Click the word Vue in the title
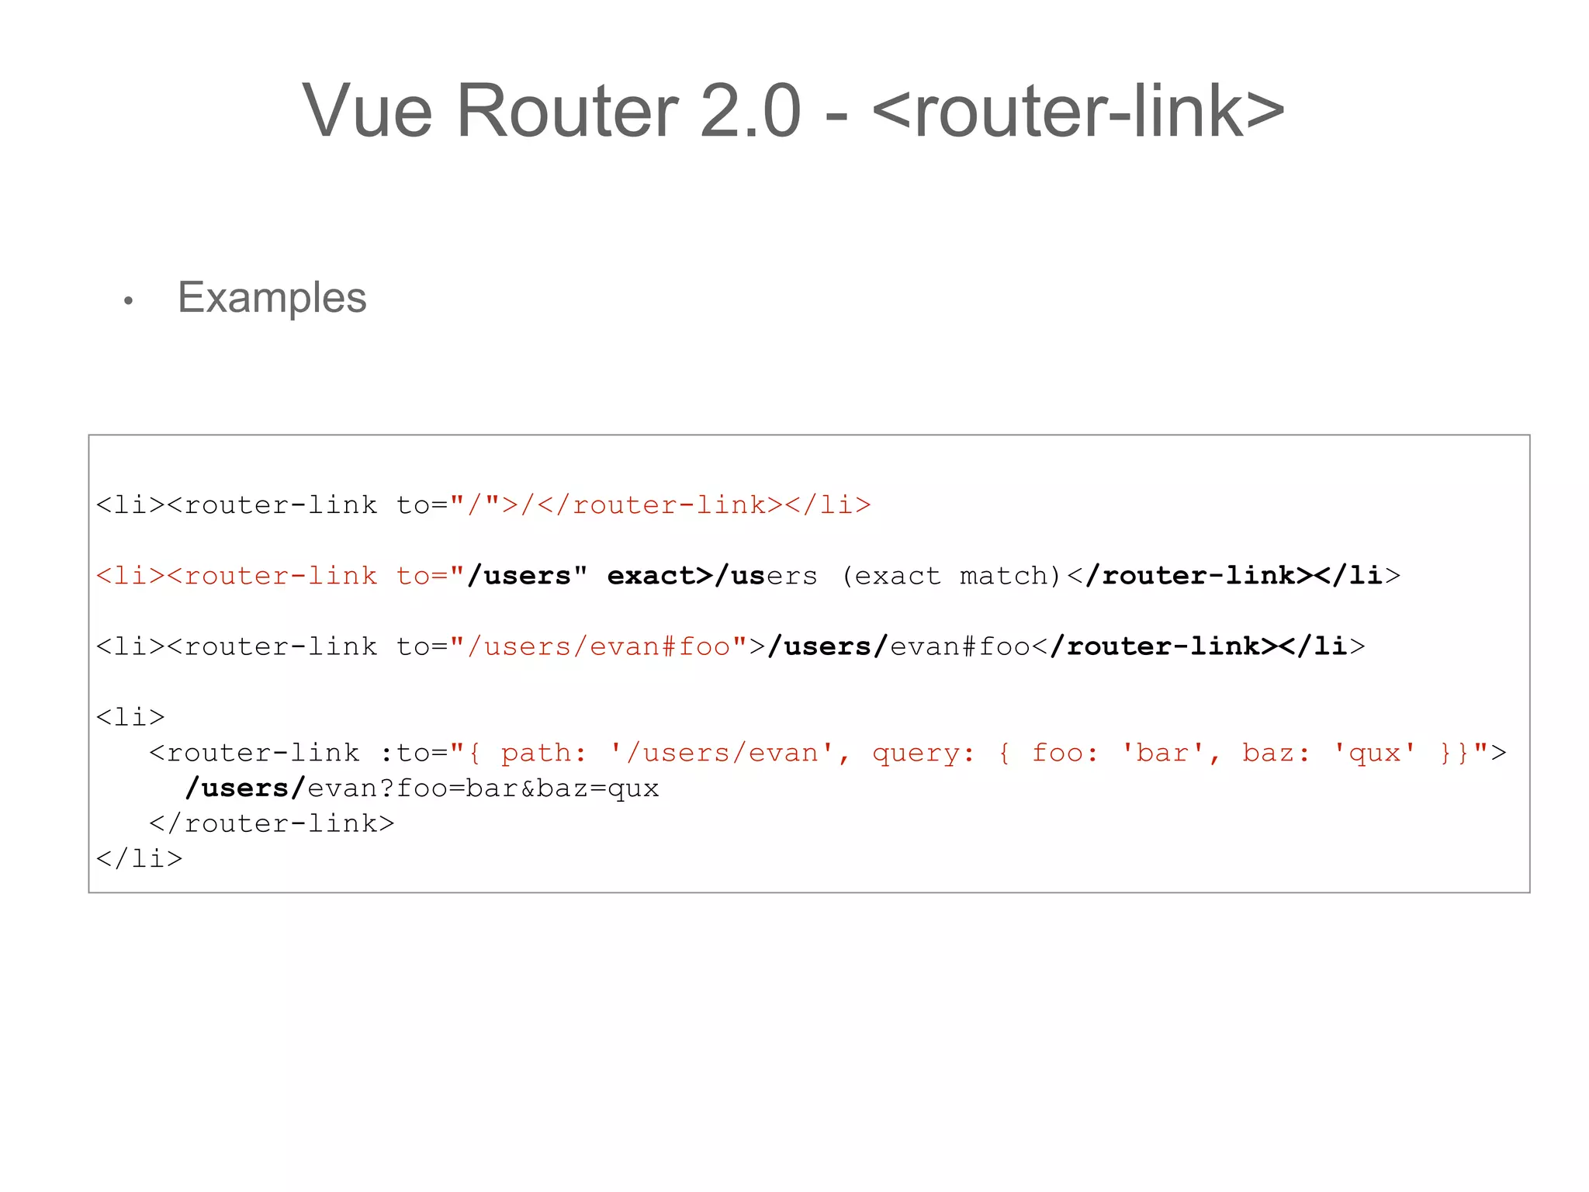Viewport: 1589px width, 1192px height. coord(366,112)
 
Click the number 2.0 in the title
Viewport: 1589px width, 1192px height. coord(749,112)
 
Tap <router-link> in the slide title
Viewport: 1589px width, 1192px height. coord(1078,112)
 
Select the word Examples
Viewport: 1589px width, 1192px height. coord(272,297)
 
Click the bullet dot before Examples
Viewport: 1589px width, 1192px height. coord(129,300)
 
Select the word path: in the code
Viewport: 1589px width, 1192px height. coord(543,753)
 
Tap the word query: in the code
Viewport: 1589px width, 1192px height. coord(923,753)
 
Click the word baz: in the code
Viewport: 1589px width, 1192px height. coord(1276,753)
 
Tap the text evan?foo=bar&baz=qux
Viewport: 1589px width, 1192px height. coord(483,788)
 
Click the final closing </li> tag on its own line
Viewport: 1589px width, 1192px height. coord(139,859)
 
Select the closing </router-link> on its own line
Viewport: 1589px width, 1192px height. coord(272,823)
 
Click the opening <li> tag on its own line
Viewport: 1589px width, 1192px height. coord(130,717)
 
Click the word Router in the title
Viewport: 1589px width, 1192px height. coord(567,112)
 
